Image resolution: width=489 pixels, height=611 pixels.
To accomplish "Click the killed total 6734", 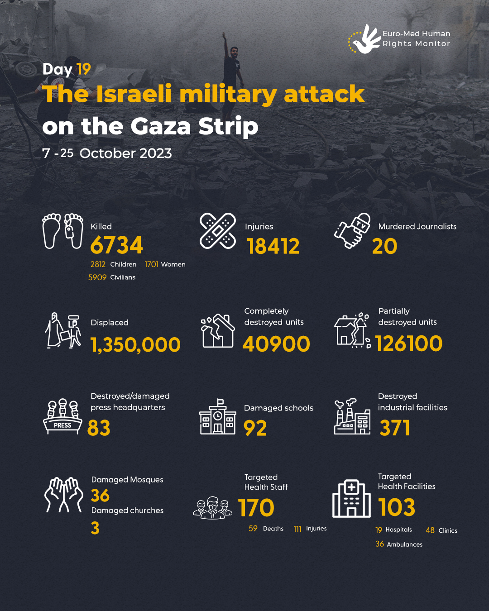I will coord(116,246).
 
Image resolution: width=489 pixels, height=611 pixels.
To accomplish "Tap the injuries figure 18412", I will coord(273,247).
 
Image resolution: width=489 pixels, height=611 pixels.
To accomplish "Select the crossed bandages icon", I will coord(218,231).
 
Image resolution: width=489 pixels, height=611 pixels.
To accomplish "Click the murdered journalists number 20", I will coord(384,247).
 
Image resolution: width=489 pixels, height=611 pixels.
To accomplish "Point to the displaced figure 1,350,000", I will coord(135,345).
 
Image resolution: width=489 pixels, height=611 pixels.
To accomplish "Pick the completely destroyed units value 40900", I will coord(276,344).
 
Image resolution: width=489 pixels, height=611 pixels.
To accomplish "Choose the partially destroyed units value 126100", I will coord(408,344).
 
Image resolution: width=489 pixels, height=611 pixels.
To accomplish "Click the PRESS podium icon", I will coord(63,417).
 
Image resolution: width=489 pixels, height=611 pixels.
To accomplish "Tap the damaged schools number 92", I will coord(255,428).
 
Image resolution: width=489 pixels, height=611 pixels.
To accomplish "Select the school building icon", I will coord(218,417).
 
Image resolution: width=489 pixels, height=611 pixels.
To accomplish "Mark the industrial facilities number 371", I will coord(395,428).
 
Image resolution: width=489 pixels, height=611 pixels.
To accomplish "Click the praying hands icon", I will coord(64,495).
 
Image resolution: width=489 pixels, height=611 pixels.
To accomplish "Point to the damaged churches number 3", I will coord(95,528).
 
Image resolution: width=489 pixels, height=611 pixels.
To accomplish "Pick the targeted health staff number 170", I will coord(256,508).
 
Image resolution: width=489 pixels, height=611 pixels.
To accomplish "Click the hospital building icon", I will coord(351,499).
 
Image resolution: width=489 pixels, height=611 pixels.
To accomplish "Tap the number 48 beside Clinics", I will coord(430,530).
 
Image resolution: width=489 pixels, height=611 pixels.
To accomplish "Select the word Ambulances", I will coord(405,544).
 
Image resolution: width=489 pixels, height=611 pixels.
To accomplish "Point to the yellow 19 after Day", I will coord(84,69).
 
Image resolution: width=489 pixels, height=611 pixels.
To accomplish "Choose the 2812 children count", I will coord(98,264).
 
